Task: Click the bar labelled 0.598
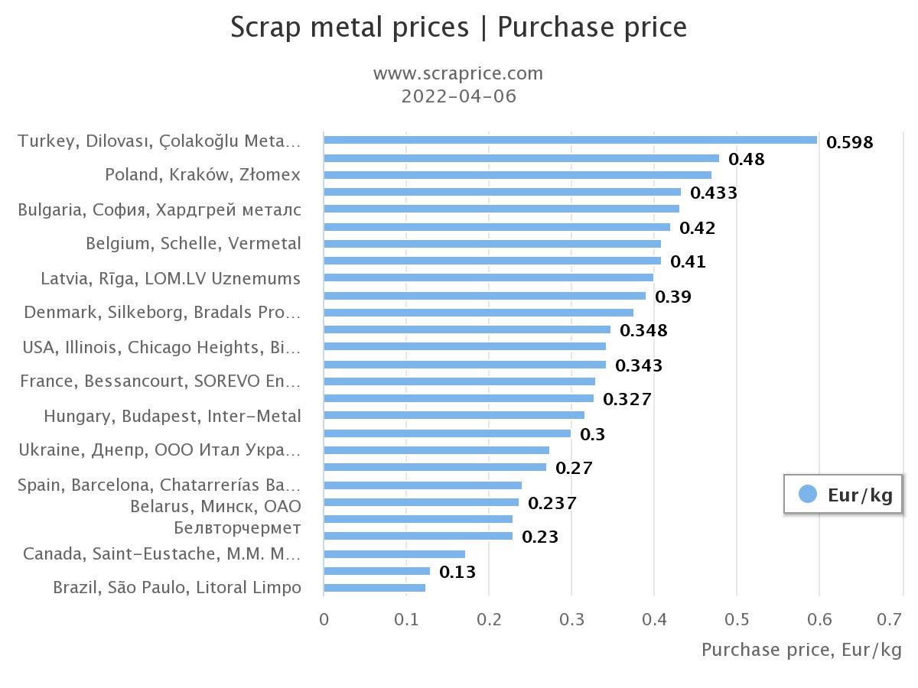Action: pyautogui.click(x=570, y=140)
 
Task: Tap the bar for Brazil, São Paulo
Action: pyautogui.click(x=374, y=588)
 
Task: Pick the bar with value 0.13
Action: pyautogui.click(x=376, y=571)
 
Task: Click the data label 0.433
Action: pyautogui.click(x=714, y=193)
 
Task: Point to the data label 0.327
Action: pyautogui.click(x=627, y=399)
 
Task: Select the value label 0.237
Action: pyautogui.click(x=552, y=503)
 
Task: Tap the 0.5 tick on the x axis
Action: pyautogui.click(x=737, y=618)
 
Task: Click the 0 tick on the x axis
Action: pyautogui.click(x=324, y=618)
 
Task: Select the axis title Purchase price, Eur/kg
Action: pyautogui.click(x=801, y=650)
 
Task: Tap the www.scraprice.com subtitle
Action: pyautogui.click(x=458, y=73)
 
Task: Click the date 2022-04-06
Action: pyautogui.click(x=458, y=96)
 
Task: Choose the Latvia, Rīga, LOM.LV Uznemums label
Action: pyautogui.click(x=171, y=278)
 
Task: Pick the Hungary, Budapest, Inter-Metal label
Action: pyautogui.click(x=172, y=417)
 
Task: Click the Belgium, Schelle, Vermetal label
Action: pyautogui.click(x=193, y=244)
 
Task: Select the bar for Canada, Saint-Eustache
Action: pyautogui.click(x=394, y=554)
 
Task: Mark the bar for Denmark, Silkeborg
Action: pyautogui.click(x=478, y=313)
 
